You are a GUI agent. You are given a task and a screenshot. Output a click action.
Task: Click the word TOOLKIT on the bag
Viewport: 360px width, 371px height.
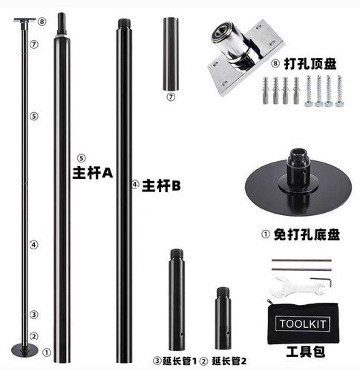point(302,324)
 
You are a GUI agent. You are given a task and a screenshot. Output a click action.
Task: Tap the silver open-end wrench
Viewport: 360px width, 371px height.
point(295,286)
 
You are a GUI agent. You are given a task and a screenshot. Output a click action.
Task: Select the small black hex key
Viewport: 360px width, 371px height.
point(321,282)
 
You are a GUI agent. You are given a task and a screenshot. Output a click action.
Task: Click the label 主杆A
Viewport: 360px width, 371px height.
point(93,173)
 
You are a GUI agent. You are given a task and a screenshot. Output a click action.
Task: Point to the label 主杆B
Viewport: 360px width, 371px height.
point(161,185)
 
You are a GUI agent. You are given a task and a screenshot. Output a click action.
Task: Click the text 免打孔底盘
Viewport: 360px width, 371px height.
point(307,234)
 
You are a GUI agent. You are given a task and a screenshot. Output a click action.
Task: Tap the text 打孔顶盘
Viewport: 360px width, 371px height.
point(310,64)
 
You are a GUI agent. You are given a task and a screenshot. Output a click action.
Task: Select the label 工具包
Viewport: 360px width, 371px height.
point(306,352)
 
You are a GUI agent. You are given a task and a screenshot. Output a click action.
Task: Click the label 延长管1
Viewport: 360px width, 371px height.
point(180,361)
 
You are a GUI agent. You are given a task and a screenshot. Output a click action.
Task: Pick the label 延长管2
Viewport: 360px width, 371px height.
point(229,361)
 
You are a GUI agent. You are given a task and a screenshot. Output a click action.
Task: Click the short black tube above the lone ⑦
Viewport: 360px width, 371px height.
point(171,54)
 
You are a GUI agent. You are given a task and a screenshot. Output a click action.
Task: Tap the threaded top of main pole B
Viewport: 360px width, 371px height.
point(124,24)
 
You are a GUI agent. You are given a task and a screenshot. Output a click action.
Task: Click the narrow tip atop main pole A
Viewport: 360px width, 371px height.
point(62,24)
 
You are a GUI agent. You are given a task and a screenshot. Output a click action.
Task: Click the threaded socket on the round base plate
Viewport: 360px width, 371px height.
point(298,163)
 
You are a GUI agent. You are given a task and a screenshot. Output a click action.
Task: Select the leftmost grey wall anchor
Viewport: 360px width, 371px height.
point(266,91)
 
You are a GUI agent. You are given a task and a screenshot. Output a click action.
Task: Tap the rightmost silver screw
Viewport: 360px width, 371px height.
point(339,91)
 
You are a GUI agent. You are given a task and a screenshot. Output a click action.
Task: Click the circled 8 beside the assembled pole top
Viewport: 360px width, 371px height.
point(42,22)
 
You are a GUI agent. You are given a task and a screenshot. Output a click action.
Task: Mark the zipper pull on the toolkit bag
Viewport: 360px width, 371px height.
point(269,302)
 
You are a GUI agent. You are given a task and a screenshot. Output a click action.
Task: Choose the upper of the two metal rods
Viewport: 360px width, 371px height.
point(301,260)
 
